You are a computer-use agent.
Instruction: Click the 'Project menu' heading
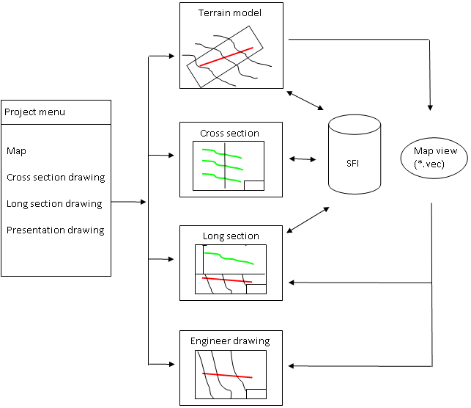pyautogui.click(x=35, y=112)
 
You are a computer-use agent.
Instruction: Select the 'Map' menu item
pyautogui.click(x=16, y=151)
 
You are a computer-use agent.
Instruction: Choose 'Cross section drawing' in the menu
pyautogui.click(x=56, y=178)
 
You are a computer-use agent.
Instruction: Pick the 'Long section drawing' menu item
pyautogui.click(x=54, y=204)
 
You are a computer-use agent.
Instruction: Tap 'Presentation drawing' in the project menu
pyautogui.click(x=56, y=230)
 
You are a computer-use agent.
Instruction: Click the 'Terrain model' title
pyautogui.click(x=230, y=13)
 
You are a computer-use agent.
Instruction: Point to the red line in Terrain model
pyautogui.click(x=227, y=57)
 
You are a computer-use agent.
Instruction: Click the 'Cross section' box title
pyautogui.click(x=229, y=134)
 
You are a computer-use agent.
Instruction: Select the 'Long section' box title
pyautogui.click(x=230, y=236)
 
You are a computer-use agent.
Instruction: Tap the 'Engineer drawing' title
pyautogui.click(x=230, y=341)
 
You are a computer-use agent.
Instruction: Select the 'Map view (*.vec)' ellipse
pyautogui.click(x=435, y=156)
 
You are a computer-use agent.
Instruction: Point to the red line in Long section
pyautogui.click(x=227, y=280)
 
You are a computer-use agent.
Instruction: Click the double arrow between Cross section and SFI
pyautogui.click(x=303, y=159)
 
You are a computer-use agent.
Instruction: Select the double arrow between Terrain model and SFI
pyautogui.click(x=305, y=101)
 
